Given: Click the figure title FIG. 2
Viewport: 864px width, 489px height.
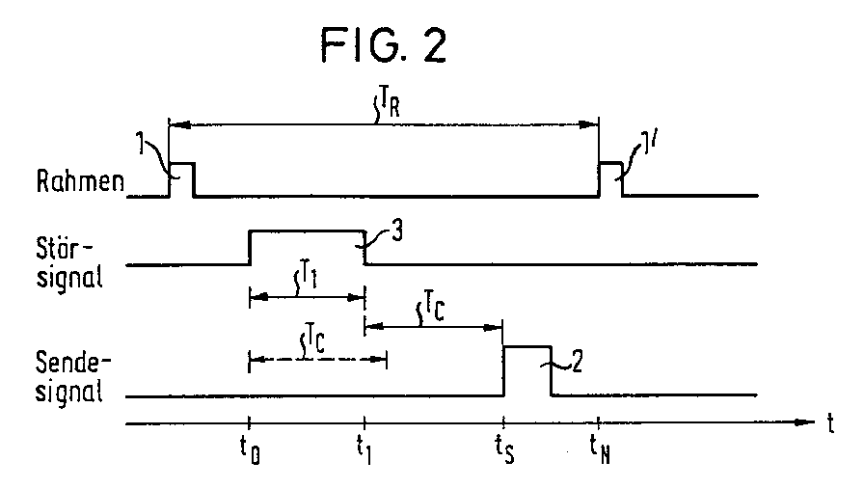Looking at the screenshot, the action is click(x=384, y=44).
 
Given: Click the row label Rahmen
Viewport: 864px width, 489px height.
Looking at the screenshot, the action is click(x=80, y=180).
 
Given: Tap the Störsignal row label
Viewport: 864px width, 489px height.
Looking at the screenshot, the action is click(x=69, y=263).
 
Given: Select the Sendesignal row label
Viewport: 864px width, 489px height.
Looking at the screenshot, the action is click(x=72, y=377).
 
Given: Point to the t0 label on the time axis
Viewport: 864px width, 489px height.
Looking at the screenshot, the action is click(x=250, y=450).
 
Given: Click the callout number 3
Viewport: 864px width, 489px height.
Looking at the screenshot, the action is click(x=396, y=231).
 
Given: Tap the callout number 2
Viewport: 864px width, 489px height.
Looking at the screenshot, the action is click(x=577, y=363).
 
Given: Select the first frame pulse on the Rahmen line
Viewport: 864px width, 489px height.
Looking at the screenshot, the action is click(x=181, y=163).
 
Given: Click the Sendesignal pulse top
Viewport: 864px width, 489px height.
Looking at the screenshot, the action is click(x=527, y=346).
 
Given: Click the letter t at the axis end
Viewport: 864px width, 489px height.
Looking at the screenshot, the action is click(x=830, y=423).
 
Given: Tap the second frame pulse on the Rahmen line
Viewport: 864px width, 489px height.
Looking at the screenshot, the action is click(x=611, y=163).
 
